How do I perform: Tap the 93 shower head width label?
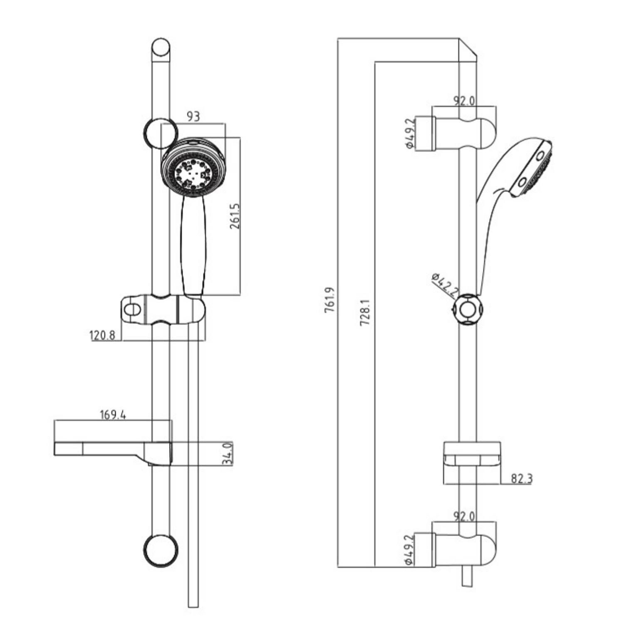pos(193,116)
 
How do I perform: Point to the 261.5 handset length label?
pos(235,216)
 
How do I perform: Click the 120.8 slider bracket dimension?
pos(102,335)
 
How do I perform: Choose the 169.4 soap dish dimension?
pos(113,415)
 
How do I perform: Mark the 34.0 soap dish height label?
pos(228,453)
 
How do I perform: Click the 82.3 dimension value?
pos(521,479)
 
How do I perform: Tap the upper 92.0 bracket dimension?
pos(464,101)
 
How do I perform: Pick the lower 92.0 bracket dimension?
pos(464,516)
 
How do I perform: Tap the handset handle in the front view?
pos(193,245)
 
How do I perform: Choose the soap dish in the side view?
pos(472,456)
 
